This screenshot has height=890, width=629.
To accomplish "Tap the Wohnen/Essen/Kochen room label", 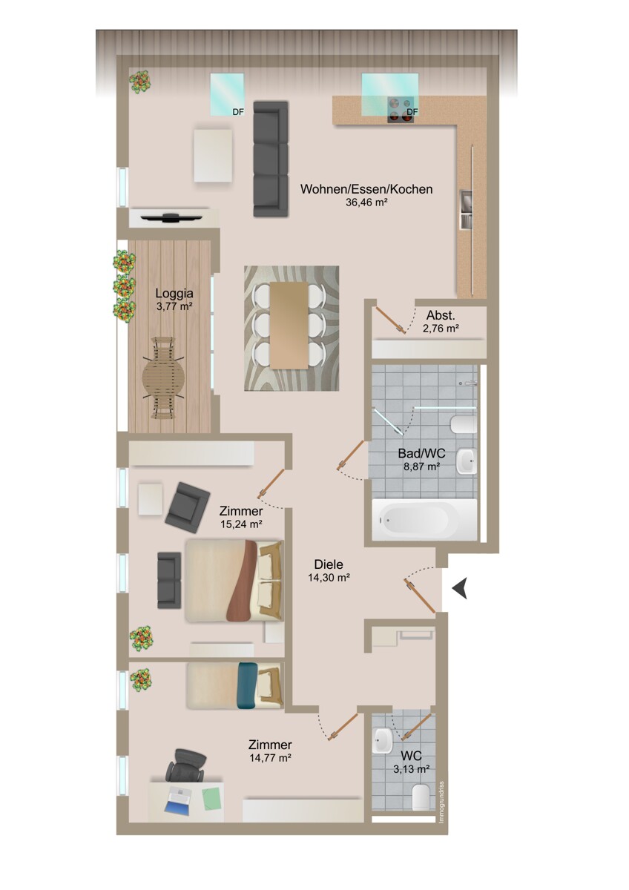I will (x=366, y=189).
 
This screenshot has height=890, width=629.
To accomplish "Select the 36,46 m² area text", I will (x=367, y=202).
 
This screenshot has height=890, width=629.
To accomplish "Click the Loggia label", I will (x=169, y=292).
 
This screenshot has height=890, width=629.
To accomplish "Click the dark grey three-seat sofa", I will (x=270, y=159).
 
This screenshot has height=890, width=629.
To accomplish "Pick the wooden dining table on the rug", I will (x=289, y=324).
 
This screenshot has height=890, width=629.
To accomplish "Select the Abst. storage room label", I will (x=441, y=314).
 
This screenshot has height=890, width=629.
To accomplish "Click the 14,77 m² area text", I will (x=269, y=758).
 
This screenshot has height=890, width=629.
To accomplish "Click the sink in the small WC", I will (x=384, y=739).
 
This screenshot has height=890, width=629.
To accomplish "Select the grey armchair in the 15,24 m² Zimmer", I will (x=187, y=507).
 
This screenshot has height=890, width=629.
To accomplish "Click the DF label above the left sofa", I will (x=237, y=112).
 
